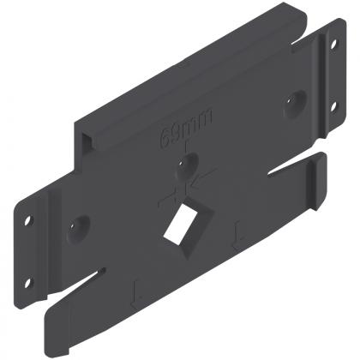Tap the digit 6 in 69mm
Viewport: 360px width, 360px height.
[165, 137]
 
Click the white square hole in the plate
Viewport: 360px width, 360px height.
[181, 225]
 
